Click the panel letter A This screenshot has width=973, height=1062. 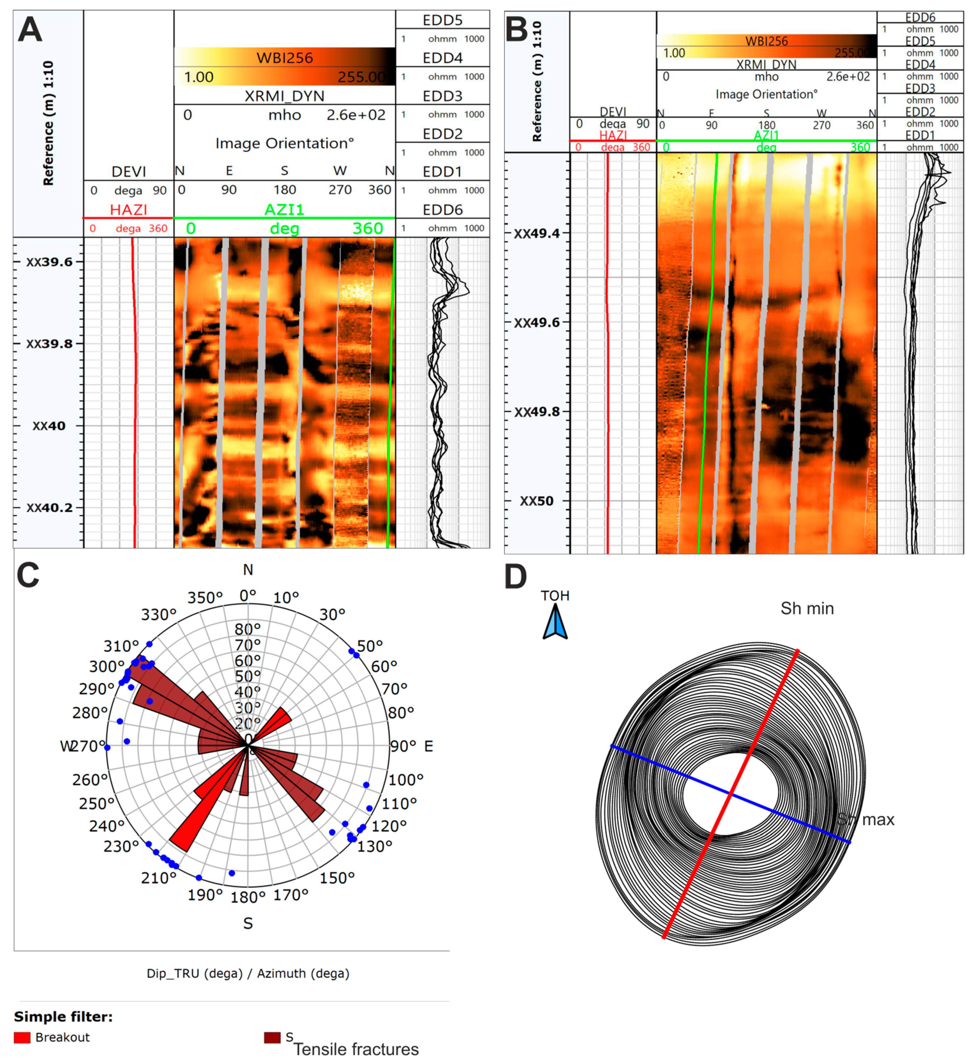[x=30, y=31]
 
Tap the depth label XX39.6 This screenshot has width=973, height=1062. [x=50, y=262]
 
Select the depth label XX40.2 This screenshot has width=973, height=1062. [x=50, y=508]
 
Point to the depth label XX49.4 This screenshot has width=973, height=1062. [x=537, y=233]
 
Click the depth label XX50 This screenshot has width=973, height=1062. [x=537, y=501]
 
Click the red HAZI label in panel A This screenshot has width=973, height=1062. [x=128, y=210]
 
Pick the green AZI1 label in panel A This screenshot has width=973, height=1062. [x=284, y=210]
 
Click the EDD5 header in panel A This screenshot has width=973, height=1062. [x=443, y=20]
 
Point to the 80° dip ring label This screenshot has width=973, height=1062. [x=248, y=629]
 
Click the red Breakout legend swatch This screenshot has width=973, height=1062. [x=22, y=1038]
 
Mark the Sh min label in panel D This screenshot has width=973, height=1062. [x=807, y=609]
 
